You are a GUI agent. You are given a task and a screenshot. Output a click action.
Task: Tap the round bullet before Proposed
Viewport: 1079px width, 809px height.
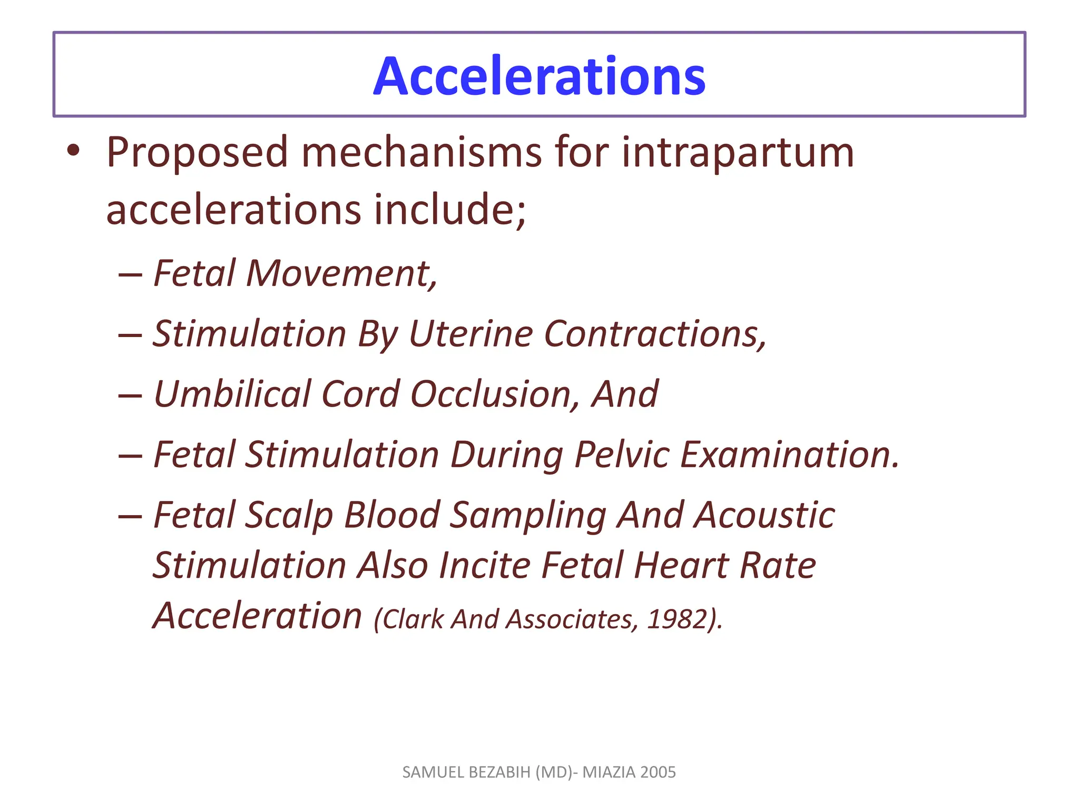(x=73, y=151)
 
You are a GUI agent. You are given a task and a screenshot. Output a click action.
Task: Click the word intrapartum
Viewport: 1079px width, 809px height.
(x=738, y=153)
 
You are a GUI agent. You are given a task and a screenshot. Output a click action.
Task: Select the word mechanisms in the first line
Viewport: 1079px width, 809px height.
(x=421, y=153)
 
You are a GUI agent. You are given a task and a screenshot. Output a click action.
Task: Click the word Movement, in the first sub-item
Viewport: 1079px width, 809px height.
(x=341, y=274)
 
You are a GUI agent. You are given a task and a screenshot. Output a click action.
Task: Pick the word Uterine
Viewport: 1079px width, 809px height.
(x=470, y=334)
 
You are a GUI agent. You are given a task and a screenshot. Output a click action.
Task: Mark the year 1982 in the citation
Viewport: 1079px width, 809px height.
(x=676, y=619)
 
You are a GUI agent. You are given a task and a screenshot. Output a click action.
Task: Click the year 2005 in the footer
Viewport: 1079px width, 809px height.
(x=658, y=772)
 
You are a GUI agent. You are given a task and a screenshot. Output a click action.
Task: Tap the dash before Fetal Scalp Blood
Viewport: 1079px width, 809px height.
(x=130, y=516)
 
